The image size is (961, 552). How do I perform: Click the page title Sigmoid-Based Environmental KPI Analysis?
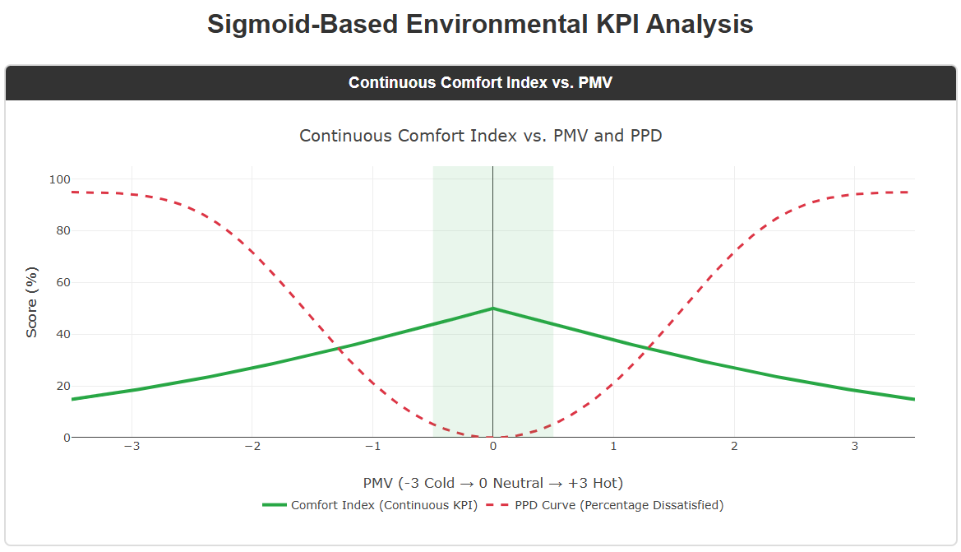click(480, 24)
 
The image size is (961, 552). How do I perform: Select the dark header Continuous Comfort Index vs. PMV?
click(480, 82)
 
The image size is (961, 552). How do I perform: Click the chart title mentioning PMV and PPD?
click(480, 136)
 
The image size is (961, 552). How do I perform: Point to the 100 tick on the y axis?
click(59, 179)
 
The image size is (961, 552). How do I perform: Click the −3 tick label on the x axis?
click(132, 447)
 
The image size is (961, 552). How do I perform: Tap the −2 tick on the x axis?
click(252, 447)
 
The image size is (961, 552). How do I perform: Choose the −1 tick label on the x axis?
click(372, 447)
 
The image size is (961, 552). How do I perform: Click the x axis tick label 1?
click(613, 447)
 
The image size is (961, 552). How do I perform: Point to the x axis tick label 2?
click(734, 447)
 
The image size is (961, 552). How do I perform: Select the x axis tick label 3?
click(854, 447)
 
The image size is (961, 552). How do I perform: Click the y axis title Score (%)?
click(32, 302)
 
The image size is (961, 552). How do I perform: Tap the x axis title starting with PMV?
click(492, 483)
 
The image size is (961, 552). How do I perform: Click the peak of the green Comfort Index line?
click(492, 308)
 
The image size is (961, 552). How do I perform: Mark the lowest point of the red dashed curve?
click(492, 437)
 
